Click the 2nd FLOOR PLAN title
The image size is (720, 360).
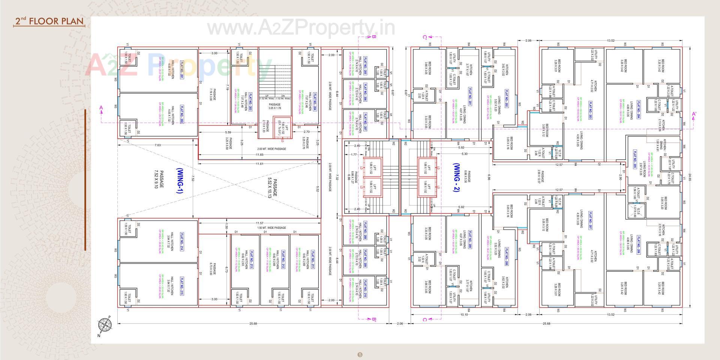click(49, 21)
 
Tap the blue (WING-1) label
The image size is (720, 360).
click(179, 180)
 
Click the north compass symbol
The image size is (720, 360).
click(105, 325)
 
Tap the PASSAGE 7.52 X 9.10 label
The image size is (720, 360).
click(159, 179)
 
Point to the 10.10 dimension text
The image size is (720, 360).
click(464, 315)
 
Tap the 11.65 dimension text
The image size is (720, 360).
click(259, 154)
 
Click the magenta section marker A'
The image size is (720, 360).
click(694, 114)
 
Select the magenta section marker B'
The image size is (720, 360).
click(374, 319)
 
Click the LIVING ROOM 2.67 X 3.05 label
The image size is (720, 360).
click(646, 168)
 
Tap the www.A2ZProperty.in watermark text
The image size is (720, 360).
click(301, 28)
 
